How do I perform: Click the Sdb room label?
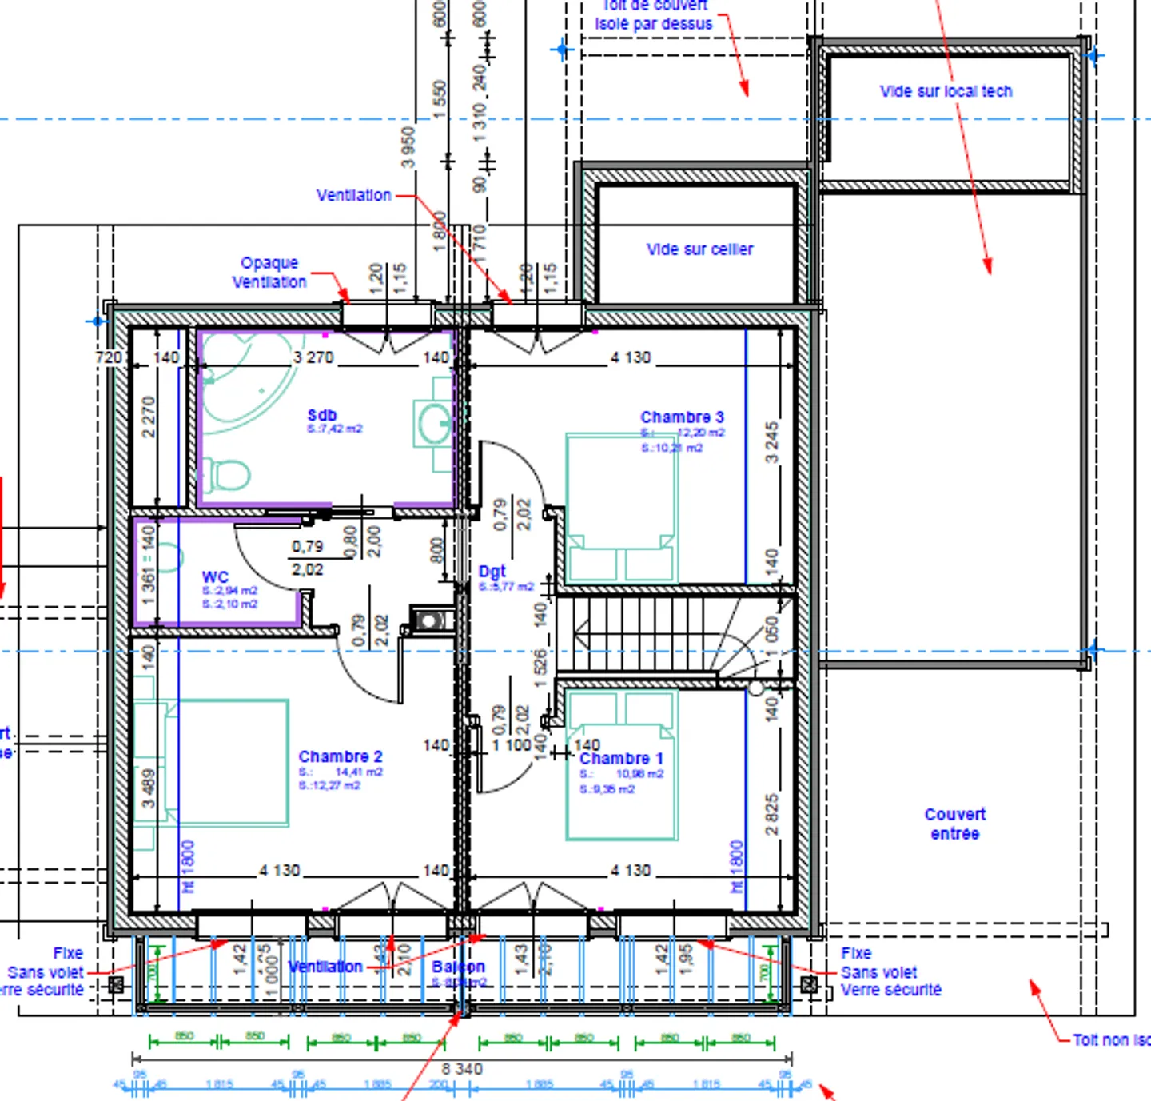[322, 415]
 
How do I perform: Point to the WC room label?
[215, 576]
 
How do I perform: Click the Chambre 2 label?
[341, 756]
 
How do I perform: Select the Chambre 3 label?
[682, 417]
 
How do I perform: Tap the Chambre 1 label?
[621, 758]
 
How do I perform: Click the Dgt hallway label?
[492, 572]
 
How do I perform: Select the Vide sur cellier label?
[699, 249]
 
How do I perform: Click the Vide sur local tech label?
[946, 91]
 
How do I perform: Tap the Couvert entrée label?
[954, 824]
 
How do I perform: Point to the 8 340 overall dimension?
[462, 1068]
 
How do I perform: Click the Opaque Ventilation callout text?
[269, 272]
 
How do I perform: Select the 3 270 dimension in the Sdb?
[313, 357]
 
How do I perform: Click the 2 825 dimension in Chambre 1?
[771, 814]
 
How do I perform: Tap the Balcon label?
[458, 967]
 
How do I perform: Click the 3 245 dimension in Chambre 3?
[771, 442]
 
